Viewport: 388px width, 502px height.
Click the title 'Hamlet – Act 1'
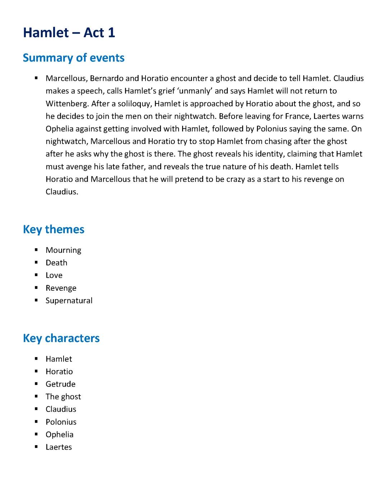(69, 33)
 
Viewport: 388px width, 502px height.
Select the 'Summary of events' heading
(74, 58)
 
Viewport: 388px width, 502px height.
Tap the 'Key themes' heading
(54, 229)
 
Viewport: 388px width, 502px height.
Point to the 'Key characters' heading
(61, 338)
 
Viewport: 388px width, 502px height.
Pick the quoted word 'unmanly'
(194, 91)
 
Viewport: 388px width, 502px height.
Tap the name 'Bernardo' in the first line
(105, 79)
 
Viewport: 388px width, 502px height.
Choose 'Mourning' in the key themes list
(63, 250)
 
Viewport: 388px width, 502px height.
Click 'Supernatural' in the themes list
(69, 301)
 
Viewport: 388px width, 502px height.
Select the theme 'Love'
(54, 276)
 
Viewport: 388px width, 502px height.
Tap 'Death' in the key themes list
(56, 263)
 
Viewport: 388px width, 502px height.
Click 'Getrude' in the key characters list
(60, 384)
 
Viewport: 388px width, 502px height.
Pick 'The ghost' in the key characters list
(63, 397)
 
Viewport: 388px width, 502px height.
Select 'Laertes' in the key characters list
(59, 447)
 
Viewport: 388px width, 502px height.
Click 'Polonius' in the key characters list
(61, 422)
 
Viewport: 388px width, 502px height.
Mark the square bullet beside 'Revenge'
(37, 288)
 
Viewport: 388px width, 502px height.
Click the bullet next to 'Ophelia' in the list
(37, 434)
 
